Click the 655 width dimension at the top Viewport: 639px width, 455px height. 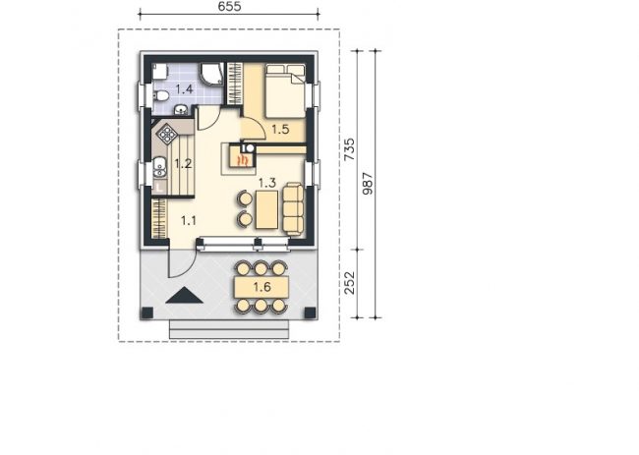coord(229,7)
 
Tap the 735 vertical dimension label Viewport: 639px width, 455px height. coord(349,149)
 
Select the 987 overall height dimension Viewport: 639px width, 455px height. coord(368,184)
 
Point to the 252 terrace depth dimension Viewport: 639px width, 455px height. coord(349,283)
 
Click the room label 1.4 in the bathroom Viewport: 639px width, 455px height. coord(184,88)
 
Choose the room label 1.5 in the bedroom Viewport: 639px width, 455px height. coord(280,130)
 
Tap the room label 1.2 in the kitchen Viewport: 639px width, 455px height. coord(183,164)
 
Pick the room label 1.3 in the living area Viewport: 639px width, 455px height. coord(267,183)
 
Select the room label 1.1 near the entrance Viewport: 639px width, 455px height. coord(189,221)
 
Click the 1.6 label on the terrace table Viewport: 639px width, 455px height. coord(262,287)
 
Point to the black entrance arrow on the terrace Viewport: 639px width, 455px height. coord(184,296)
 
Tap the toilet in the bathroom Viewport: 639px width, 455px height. coord(161,96)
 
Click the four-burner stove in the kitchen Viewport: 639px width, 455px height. coord(167,134)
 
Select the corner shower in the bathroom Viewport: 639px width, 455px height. coord(211,74)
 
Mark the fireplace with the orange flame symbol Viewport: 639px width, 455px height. coord(244,159)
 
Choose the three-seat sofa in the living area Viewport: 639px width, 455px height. coord(293,209)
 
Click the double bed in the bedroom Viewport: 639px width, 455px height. coord(285,90)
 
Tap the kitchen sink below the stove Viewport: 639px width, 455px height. coord(160,168)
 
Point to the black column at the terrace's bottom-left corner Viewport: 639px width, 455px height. coord(146,313)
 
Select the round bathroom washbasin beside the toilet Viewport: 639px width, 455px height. coord(181,109)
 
